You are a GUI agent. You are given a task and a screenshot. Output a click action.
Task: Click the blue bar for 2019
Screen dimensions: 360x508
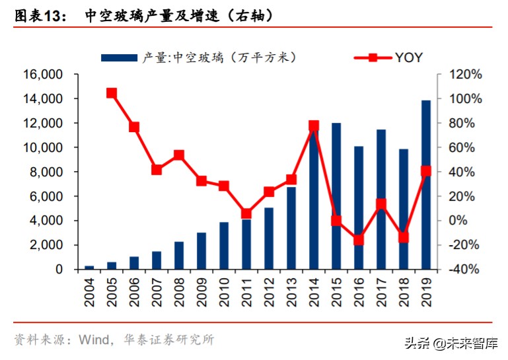click(x=426, y=185)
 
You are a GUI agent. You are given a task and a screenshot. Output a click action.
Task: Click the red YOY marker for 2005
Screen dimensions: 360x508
click(x=112, y=93)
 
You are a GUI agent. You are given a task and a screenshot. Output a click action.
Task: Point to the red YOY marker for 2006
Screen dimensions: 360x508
click(x=134, y=127)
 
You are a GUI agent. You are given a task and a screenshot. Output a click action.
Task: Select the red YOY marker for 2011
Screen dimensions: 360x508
click(x=246, y=213)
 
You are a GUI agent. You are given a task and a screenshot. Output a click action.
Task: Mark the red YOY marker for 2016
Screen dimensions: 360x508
click(x=359, y=240)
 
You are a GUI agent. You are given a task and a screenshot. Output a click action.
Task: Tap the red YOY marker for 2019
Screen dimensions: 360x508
click(x=426, y=171)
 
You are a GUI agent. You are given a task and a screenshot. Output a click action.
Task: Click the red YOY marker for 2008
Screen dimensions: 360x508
click(x=179, y=155)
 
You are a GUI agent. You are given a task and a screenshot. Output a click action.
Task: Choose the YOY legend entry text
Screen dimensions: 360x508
click(x=410, y=57)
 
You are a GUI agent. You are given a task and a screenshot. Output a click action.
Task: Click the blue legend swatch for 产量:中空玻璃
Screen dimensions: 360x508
click(x=120, y=58)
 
